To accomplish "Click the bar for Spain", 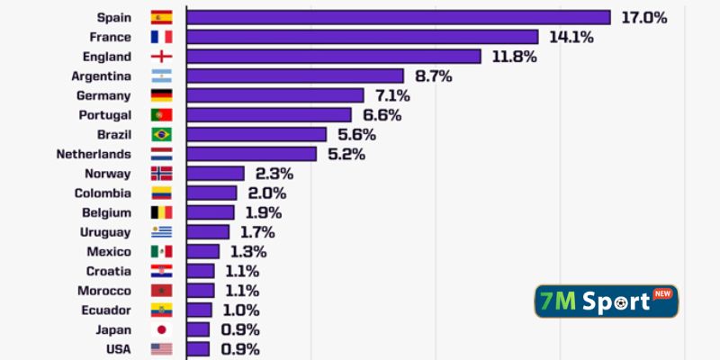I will [x=399, y=17].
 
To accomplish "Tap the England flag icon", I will [x=162, y=57].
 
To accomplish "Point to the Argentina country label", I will [x=102, y=76].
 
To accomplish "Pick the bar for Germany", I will [x=275, y=95].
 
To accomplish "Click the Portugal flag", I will [x=162, y=115].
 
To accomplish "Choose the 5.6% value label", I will [x=357, y=134].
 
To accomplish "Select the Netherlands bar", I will [x=252, y=154].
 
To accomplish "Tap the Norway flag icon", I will [x=162, y=174].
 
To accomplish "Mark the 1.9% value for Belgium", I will [x=263, y=212].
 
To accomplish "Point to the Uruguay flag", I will [x=162, y=232].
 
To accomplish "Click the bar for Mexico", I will [x=203, y=251].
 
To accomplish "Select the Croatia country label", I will [x=109, y=271].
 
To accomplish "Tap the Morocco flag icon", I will [x=162, y=291].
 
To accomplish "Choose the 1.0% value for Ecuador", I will [x=241, y=310].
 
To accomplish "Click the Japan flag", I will [x=162, y=329].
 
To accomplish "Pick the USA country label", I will [x=117, y=349].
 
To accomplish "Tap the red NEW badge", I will [x=662, y=293].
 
